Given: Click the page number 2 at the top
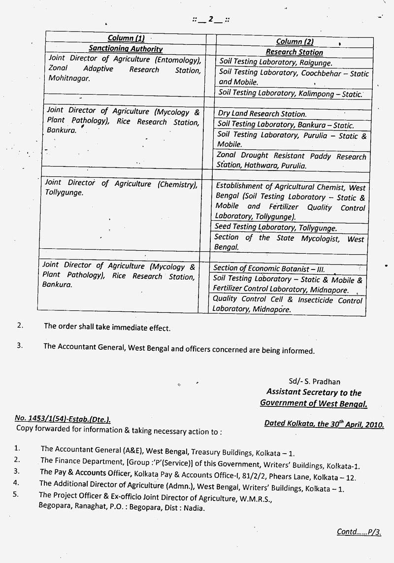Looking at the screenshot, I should pyautogui.click(x=211, y=19).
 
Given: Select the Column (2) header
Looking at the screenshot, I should pyautogui.click(x=295, y=41).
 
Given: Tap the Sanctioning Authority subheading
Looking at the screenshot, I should pyautogui.click(x=126, y=48).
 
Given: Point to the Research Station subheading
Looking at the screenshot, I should pyautogui.click(x=295, y=52).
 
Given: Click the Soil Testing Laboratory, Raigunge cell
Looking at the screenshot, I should pyautogui.click(x=276, y=63).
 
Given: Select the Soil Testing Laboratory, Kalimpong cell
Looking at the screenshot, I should pyautogui.click(x=291, y=93).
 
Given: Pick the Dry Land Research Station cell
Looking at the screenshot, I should pyautogui.click(x=262, y=114).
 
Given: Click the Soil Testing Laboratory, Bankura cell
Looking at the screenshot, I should pyautogui.click(x=286, y=125).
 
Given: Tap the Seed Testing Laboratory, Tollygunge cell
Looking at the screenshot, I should pyautogui.click(x=276, y=228).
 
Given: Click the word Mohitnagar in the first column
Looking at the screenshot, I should pyautogui.click(x=69, y=78).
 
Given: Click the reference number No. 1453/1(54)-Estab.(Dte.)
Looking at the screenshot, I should pyautogui.click(x=63, y=419).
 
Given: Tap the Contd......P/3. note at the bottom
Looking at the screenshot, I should pyautogui.click(x=359, y=531).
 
